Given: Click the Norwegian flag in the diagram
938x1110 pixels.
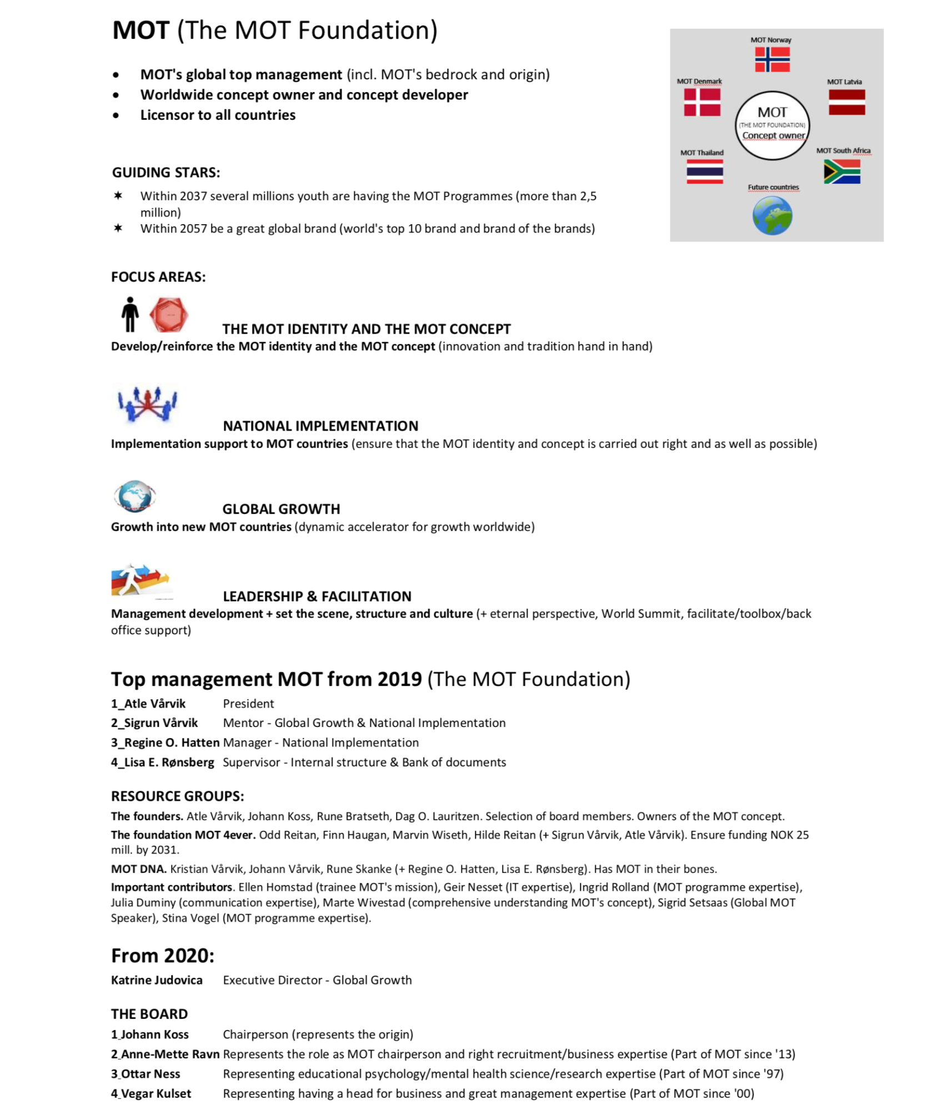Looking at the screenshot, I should tap(772, 59).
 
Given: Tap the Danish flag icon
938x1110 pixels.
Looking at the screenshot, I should tap(702, 102).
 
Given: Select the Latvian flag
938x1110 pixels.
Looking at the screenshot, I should tap(846, 102).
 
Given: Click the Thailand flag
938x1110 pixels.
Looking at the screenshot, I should tap(704, 171).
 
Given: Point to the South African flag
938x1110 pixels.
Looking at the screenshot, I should tap(841, 171).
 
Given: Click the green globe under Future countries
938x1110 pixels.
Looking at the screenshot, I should tap(772, 216).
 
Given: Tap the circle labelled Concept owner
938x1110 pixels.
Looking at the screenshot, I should tap(772, 125).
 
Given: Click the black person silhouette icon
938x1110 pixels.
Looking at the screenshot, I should tap(130, 315).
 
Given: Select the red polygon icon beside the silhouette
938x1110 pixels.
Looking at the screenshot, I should tap(169, 315).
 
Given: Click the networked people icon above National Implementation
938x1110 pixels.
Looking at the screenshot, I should tap(147, 403).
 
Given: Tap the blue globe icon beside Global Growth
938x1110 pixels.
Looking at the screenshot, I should tap(134, 496).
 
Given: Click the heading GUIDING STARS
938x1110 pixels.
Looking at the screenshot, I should tap(165, 173).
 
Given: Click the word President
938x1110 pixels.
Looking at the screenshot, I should tap(248, 704).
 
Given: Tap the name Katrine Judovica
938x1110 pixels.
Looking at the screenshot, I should tap(157, 980).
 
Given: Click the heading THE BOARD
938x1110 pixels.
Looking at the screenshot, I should tap(149, 1014).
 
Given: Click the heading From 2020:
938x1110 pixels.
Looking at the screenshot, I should tap(162, 956).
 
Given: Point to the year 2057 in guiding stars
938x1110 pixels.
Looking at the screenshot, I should tap(193, 229).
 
